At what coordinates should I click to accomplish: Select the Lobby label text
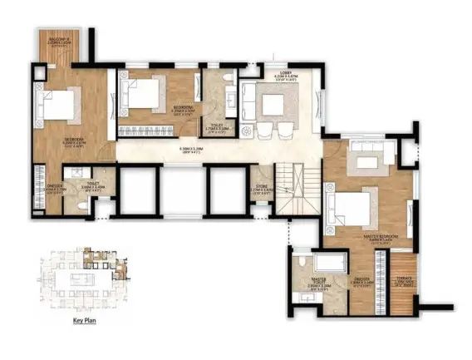tap(287, 77)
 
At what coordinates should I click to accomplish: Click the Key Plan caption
tap(86, 319)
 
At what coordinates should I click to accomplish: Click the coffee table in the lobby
tap(274, 106)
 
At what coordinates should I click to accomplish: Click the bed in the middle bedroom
tap(142, 92)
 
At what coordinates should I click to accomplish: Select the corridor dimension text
tap(193, 150)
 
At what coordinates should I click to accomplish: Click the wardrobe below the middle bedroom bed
tap(146, 129)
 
